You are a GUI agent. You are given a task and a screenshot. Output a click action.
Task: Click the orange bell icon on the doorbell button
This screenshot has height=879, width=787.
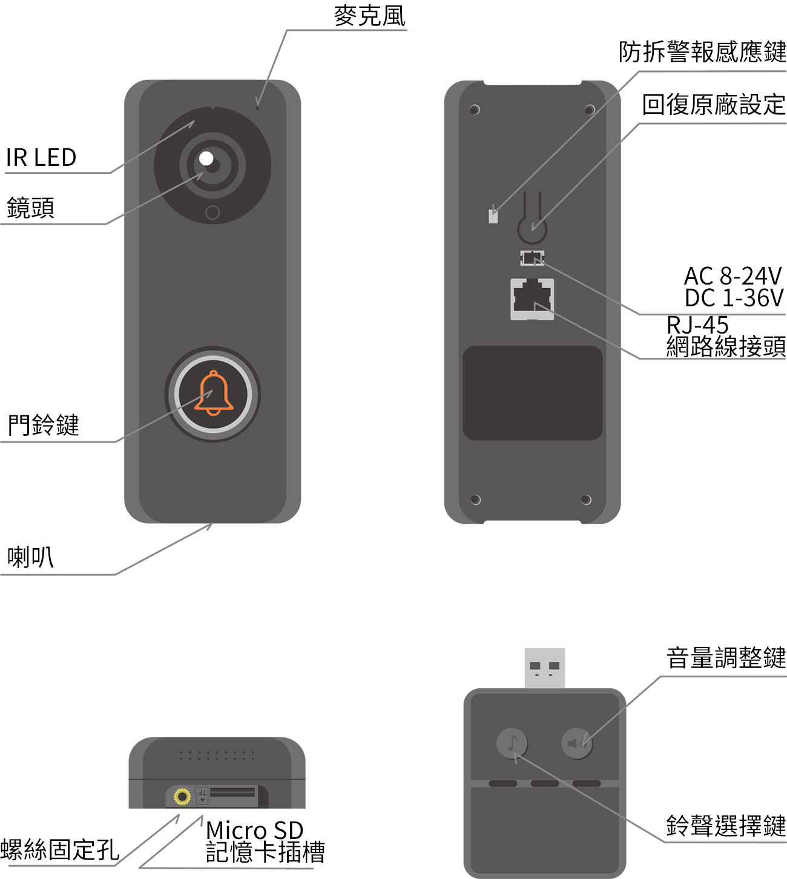[214, 393]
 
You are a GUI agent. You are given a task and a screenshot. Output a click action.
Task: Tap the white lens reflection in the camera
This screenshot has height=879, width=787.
[206, 159]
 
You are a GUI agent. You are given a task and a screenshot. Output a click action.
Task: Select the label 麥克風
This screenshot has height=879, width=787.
[370, 16]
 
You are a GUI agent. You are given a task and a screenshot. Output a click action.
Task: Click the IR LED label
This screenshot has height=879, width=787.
[41, 157]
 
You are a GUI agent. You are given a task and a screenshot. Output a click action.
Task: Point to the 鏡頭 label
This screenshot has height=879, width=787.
[30, 208]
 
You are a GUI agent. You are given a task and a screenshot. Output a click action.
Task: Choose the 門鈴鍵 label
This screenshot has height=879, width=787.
[44, 425]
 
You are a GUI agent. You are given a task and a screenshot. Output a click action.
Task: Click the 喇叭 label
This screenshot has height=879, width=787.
[30, 558]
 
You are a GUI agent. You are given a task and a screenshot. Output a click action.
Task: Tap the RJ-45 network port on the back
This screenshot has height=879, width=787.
[532, 300]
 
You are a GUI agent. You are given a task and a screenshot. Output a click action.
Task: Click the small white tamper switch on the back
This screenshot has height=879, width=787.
[493, 217]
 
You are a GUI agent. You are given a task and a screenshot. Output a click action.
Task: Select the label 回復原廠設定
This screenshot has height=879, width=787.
[714, 105]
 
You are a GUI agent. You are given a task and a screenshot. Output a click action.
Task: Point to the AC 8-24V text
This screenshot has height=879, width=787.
[733, 275]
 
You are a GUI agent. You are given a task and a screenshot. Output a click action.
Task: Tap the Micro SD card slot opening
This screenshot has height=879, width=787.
[232, 792]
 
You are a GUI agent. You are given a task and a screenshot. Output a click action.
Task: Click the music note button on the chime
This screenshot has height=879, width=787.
[512, 743]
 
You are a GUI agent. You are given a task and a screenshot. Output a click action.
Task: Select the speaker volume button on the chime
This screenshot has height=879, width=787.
[577, 743]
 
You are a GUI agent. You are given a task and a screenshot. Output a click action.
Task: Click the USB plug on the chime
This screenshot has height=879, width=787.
[544, 668]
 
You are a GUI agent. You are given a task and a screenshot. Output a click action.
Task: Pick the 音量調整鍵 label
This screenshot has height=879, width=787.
[726, 657]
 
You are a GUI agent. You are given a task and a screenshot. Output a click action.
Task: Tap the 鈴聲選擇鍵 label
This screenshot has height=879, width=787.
[726, 826]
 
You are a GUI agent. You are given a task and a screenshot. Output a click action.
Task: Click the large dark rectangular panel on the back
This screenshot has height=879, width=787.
[532, 393]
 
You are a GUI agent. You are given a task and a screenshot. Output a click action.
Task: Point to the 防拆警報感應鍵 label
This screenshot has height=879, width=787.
[702, 51]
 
